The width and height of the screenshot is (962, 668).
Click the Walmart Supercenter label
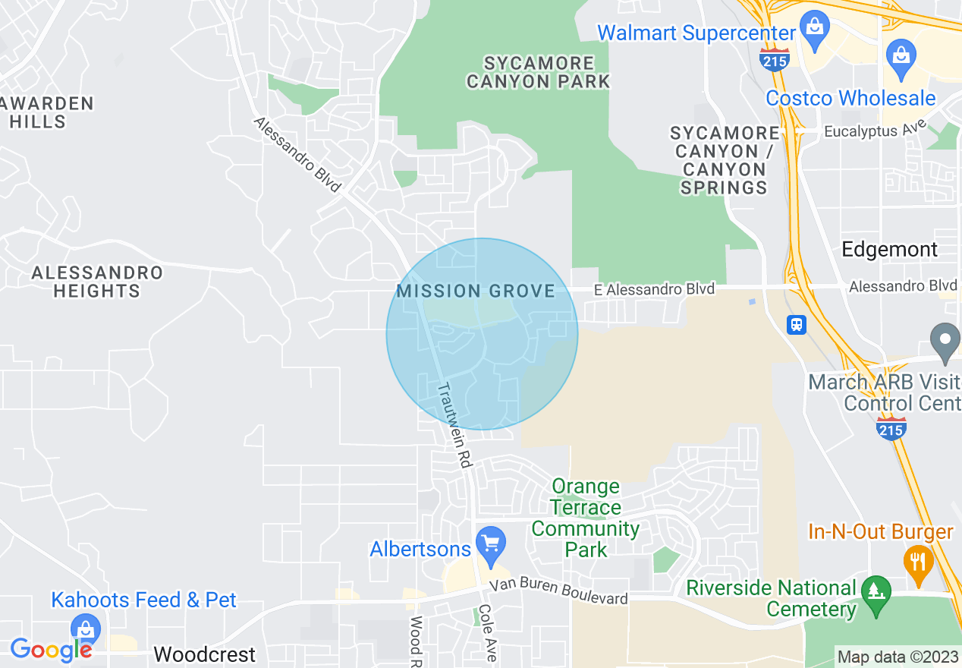pos(696,33)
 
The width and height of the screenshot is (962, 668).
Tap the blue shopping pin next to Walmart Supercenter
pos(815,29)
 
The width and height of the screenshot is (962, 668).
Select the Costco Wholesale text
pos(850,99)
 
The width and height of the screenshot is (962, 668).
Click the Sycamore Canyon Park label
pos(538,72)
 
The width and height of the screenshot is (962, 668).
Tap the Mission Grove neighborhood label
pos(476,291)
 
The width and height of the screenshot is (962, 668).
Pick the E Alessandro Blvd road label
pos(654,289)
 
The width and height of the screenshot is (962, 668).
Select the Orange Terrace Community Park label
pos(586,518)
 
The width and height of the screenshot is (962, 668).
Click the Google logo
pos(50,650)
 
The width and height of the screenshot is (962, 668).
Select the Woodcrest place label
pos(204,654)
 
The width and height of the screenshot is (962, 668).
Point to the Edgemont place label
pos(890,249)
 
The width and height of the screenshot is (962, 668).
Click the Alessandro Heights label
pos(97,282)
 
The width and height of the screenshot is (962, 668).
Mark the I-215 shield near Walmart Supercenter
pos(775,59)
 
